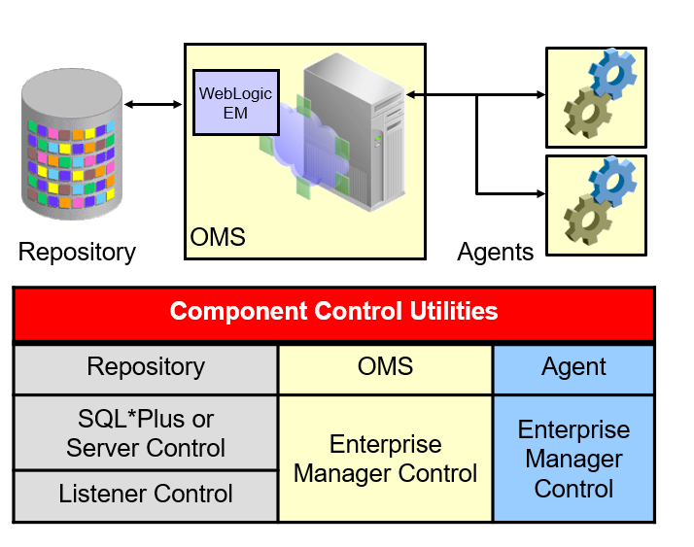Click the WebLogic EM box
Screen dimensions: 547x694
[x=236, y=102]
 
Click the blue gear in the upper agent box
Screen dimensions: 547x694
[x=613, y=72]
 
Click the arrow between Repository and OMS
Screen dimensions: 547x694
[x=154, y=104]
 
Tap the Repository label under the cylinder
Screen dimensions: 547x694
[x=77, y=253]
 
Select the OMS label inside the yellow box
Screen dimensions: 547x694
[x=218, y=236]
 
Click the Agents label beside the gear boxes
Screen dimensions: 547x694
[x=496, y=253]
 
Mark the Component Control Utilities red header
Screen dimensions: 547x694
[x=333, y=312]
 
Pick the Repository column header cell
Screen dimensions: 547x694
[x=146, y=367]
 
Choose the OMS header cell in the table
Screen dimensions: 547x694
[x=385, y=366]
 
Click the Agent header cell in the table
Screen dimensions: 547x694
[x=574, y=367]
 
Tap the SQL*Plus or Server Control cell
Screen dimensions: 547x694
[x=146, y=433]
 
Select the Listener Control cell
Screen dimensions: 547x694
[x=146, y=494]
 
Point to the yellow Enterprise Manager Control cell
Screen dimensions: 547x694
[x=385, y=459]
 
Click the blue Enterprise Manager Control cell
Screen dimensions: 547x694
[x=574, y=459]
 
